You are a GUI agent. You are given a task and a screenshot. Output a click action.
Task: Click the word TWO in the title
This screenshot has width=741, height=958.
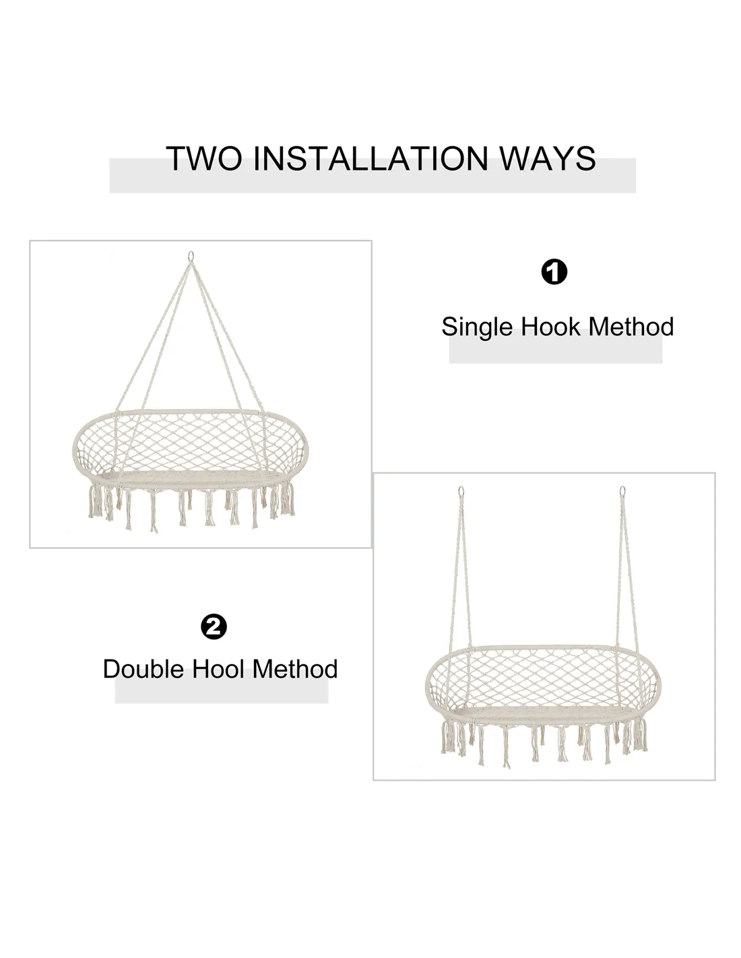pos(203,158)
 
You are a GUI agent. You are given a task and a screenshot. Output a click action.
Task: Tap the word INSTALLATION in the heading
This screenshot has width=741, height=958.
pos(370,158)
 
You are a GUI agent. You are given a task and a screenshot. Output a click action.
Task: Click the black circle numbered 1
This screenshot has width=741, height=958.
pos(554,272)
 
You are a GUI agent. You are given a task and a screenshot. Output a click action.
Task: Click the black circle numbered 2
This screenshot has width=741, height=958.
pos(214,627)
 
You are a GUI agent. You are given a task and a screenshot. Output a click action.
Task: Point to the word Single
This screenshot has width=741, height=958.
pos(478,327)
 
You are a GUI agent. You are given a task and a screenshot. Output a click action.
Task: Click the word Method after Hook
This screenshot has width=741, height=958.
pos(631,327)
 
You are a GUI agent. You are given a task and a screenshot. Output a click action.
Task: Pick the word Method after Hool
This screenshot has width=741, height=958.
pos(294,669)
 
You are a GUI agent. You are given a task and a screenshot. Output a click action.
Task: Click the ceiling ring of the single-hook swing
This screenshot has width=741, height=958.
pos(191,256)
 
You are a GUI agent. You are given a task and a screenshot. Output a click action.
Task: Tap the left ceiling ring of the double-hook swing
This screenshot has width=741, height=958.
pos(461,491)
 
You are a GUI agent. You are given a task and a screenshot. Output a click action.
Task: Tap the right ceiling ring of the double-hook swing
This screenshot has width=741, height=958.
pos(622,490)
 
